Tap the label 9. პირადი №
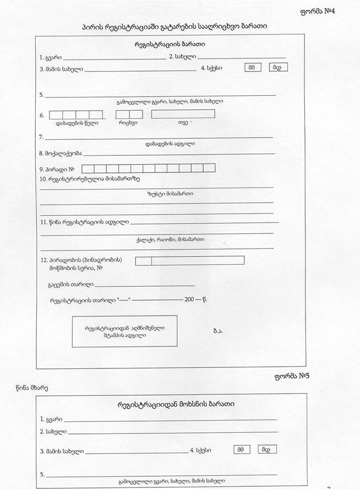click(x=57, y=169)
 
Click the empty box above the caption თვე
click(x=183, y=114)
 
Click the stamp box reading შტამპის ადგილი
click(x=124, y=331)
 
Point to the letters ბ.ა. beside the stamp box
click(x=218, y=331)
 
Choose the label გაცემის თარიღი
click(x=71, y=285)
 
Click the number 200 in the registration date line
click(x=189, y=300)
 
